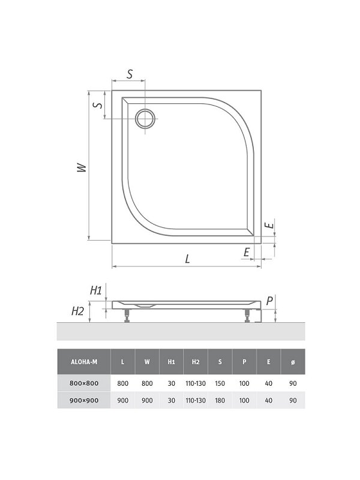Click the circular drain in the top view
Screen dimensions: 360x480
click(x=145, y=118)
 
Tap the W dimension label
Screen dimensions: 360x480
click(x=82, y=167)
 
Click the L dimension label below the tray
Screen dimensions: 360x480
click(x=187, y=259)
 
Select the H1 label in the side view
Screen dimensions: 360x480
click(x=95, y=290)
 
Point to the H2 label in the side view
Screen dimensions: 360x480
click(x=77, y=311)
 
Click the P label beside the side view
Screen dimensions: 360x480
click(x=269, y=301)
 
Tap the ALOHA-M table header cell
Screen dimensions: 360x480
click(x=84, y=362)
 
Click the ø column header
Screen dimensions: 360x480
click(x=293, y=362)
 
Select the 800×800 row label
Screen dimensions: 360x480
click(x=84, y=383)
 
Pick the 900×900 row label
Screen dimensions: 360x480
click(x=84, y=400)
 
